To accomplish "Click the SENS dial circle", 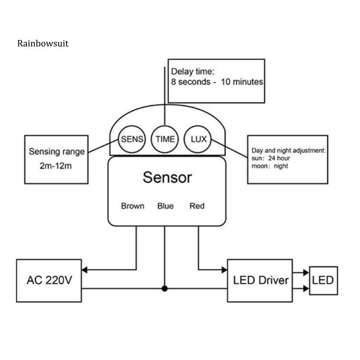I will pyautogui.click(x=132, y=139).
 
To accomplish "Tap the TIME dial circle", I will pyautogui.click(x=164, y=139).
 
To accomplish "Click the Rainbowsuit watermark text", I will pyautogui.click(x=42, y=44).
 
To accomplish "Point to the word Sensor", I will pyautogui.click(x=167, y=177).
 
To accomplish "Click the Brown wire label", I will pyautogui.click(x=133, y=206).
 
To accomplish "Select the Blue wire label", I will pyautogui.click(x=165, y=206).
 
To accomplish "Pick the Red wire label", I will pyautogui.click(x=197, y=206).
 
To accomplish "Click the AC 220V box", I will pyautogui.click(x=49, y=281).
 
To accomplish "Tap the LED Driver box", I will pyautogui.click(x=260, y=281).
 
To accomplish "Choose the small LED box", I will pyautogui.click(x=323, y=281).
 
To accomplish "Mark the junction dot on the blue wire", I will pyautogui.click(x=164, y=288).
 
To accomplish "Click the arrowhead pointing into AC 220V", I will pyautogui.click(x=85, y=269).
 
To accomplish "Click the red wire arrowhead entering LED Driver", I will pyautogui.click(x=224, y=269).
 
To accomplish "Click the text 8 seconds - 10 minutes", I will pyautogui.click(x=217, y=82).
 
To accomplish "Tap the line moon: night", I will pyautogui.click(x=270, y=166).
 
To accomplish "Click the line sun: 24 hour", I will pyautogui.click(x=271, y=158).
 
